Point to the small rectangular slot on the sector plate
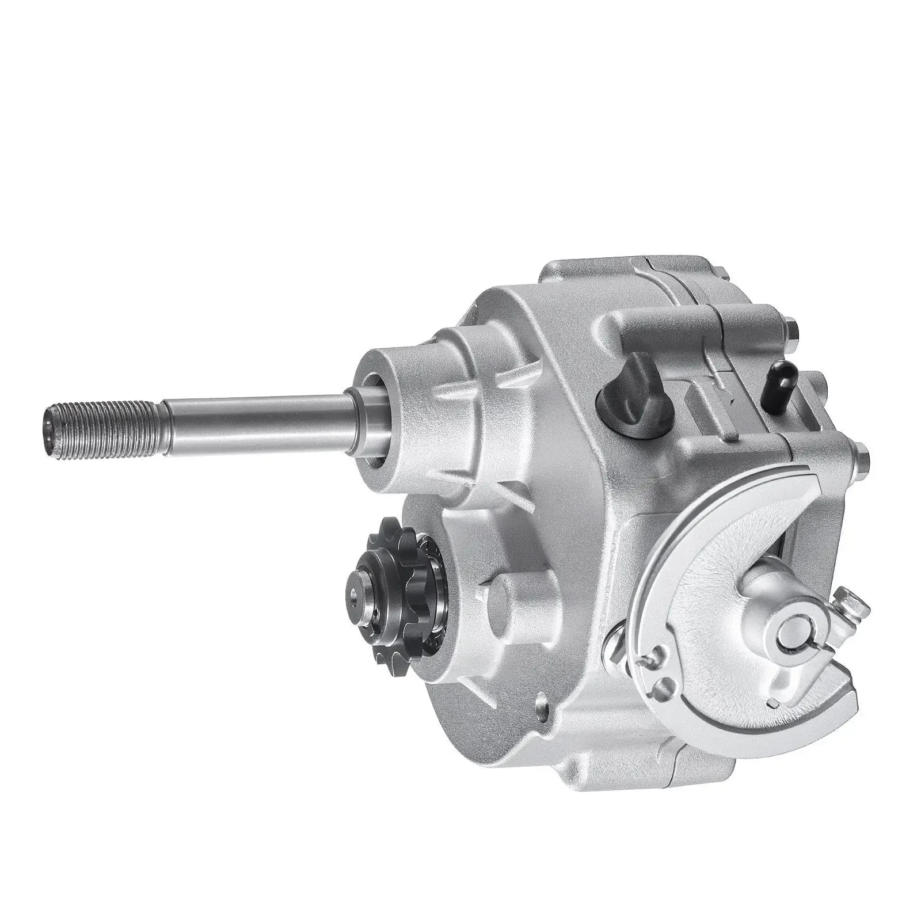(x=774, y=703)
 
